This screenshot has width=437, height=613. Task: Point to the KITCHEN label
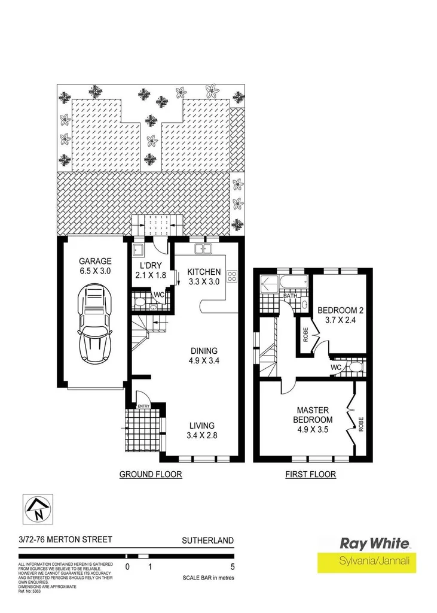pyautogui.click(x=204, y=271)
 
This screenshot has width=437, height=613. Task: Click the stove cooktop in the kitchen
pyautogui.click(x=232, y=277)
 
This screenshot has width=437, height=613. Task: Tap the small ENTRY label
pyautogui.click(x=143, y=406)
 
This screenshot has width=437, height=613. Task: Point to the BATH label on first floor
pyautogui.click(x=290, y=296)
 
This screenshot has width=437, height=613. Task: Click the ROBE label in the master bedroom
pyautogui.click(x=360, y=424)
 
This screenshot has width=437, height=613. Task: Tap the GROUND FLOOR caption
pyautogui.click(x=151, y=475)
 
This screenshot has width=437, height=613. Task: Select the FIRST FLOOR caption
pyautogui.click(x=311, y=475)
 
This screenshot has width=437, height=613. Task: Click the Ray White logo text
pyautogui.click(x=375, y=544)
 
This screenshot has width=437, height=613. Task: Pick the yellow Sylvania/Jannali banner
pyautogui.click(x=366, y=563)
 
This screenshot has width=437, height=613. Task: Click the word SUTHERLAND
pyautogui.click(x=207, y=540)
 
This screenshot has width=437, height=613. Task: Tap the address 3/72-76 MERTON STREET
pyautogui.click(x=65, y=540)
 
